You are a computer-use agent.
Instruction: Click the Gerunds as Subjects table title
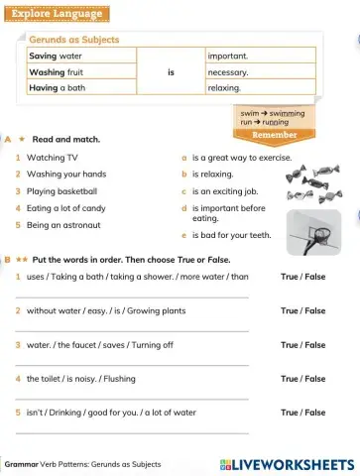click(x=74, y=40)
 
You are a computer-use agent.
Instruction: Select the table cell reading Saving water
click(x=56, y=57)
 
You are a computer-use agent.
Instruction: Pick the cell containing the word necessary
click(x=228, y=72)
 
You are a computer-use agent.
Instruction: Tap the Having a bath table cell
click(x=57, y=88)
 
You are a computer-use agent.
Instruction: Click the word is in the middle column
click(x=171, y=72)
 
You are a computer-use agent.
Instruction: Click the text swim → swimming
click(x=273, y=114)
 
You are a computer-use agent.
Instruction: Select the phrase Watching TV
click(x=52, y=158)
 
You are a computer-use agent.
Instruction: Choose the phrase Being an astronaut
click(x=65, y=225)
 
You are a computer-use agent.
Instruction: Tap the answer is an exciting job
click(x=225, y=191)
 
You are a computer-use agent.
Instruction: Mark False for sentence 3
click(x=314, y=345)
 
